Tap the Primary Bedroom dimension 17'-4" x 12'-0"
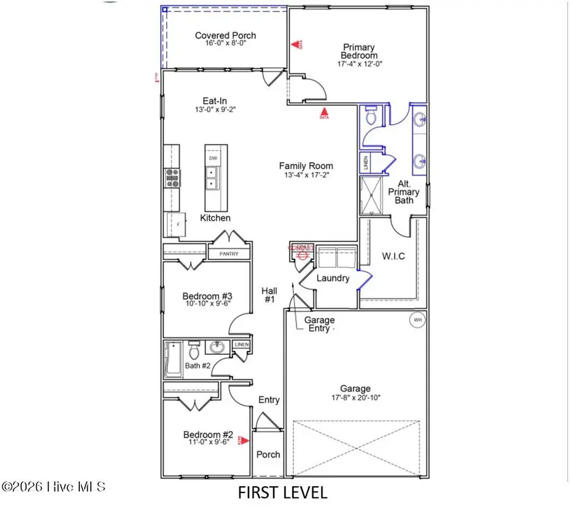point(358,63)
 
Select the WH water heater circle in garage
point(417,319)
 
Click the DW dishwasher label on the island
point(213,158)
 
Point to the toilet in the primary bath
point(372,116)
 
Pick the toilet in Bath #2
point(195,349)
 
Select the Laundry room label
point(333,278)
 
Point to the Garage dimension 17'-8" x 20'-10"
point(355,398)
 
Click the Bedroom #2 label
point(208,435)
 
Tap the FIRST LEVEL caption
point(282,492)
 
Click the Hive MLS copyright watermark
point(54,487)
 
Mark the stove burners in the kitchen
point(172,178)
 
